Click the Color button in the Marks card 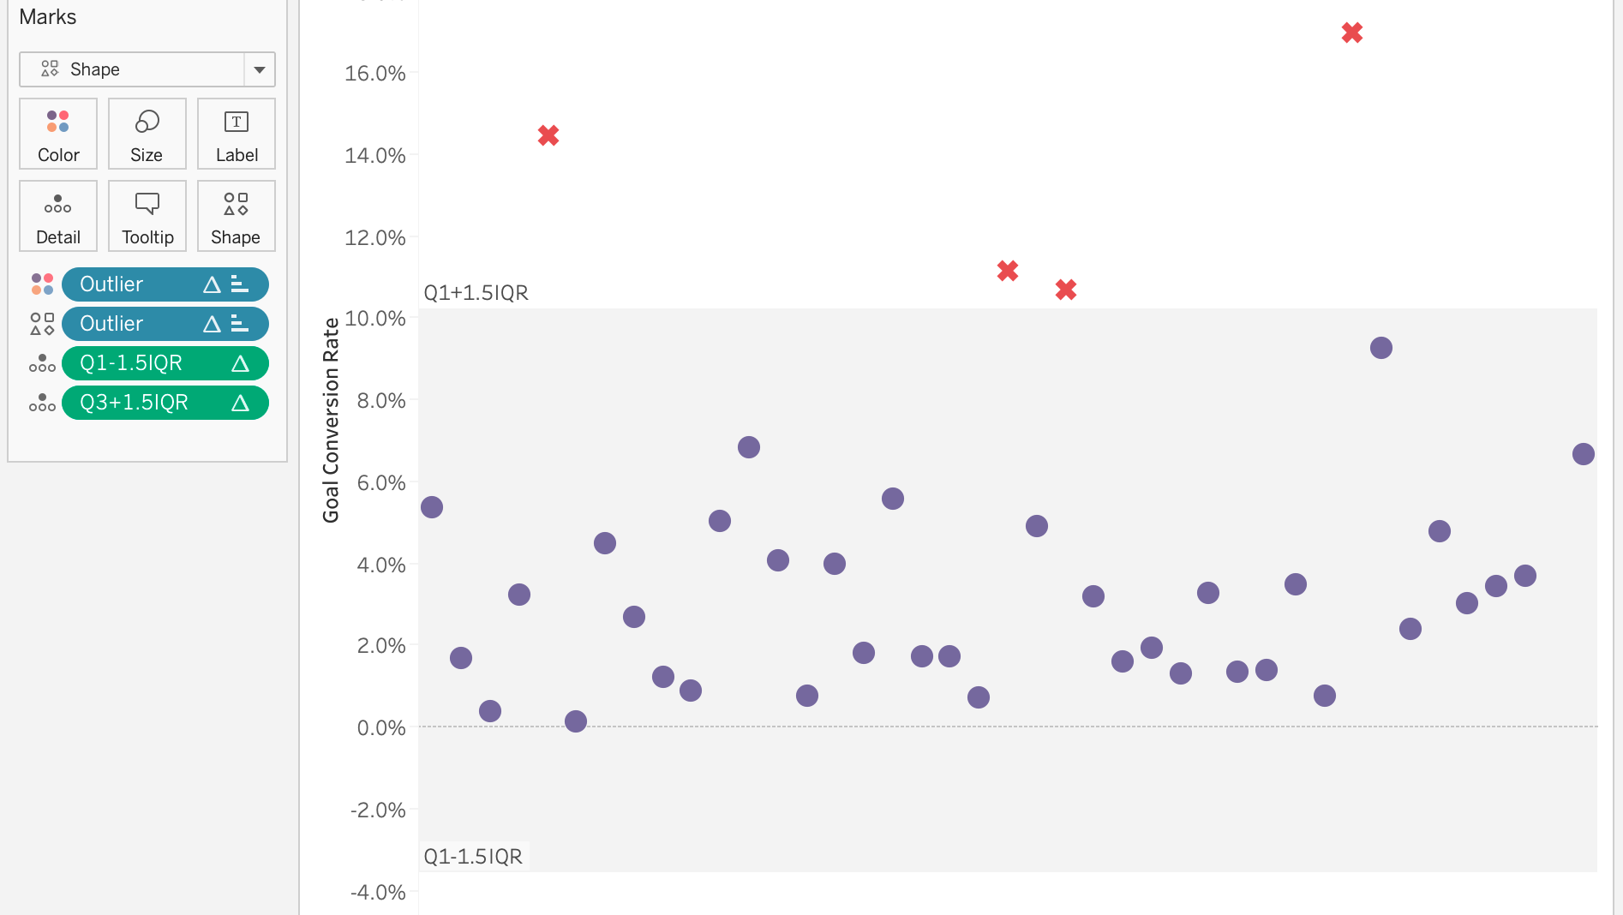click(x=58, y=134)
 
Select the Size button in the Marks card click(x=147, y=134)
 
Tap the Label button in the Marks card click(x=237, y=134)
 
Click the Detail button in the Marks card click(x=58, y=216)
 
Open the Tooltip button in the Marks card click(x=147, y=216)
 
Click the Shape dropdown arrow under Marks click(x=260, y=69)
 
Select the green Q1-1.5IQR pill click(x=165, y=363)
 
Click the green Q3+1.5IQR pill click(x=165, y=403)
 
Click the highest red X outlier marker click(x=1352, y=33)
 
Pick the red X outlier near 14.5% click(x=548, y=135)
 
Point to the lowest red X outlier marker click(x=1066, y=290)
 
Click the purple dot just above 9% click(x=1381, y=348)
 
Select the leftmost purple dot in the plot click(x=432, y=507)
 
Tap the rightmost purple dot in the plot click(x=1584, y=454)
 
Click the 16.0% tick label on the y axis click(x=375, y=74)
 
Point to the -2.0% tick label click(x=378, y=810)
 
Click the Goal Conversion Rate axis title click(x=331, y=420)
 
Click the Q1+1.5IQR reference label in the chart click(x=476, y=293)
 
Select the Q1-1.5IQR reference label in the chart click(x=473, y=857)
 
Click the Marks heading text click(x=48, y=17)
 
